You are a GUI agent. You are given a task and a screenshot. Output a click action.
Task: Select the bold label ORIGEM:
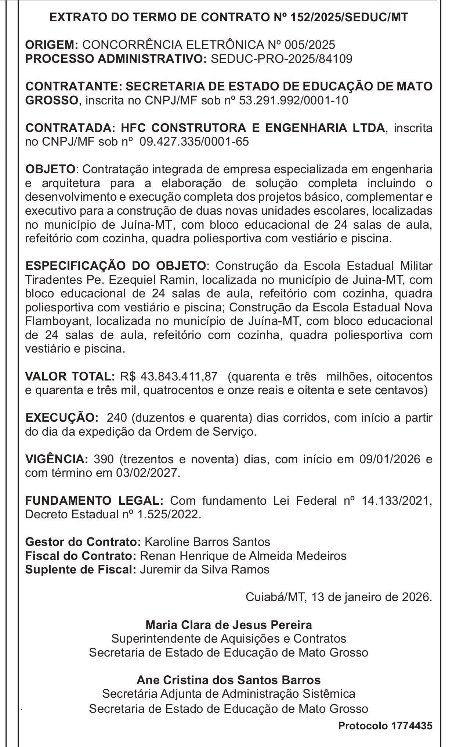[x=51, y=45]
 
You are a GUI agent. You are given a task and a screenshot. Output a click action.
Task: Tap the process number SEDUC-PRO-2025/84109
[x=282, y=59]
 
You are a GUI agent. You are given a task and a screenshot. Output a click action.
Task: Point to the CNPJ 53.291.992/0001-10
[x=293, y=100]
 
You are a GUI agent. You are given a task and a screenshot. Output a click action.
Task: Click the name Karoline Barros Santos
[x=207, y=542]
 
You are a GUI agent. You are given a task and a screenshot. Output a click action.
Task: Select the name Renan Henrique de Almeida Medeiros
[x=243, y=555]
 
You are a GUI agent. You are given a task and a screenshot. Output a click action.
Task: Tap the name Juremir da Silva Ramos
[x=204, y=569]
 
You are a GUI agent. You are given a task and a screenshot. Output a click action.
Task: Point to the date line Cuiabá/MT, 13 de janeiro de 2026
[x=339, y=597]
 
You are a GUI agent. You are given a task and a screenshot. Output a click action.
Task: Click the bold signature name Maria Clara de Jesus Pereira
[x=229, y=625]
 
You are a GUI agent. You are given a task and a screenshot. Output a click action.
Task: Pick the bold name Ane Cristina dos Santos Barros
[x=228, y=680]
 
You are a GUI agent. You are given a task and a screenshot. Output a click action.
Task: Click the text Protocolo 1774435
[x=385, y=726]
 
